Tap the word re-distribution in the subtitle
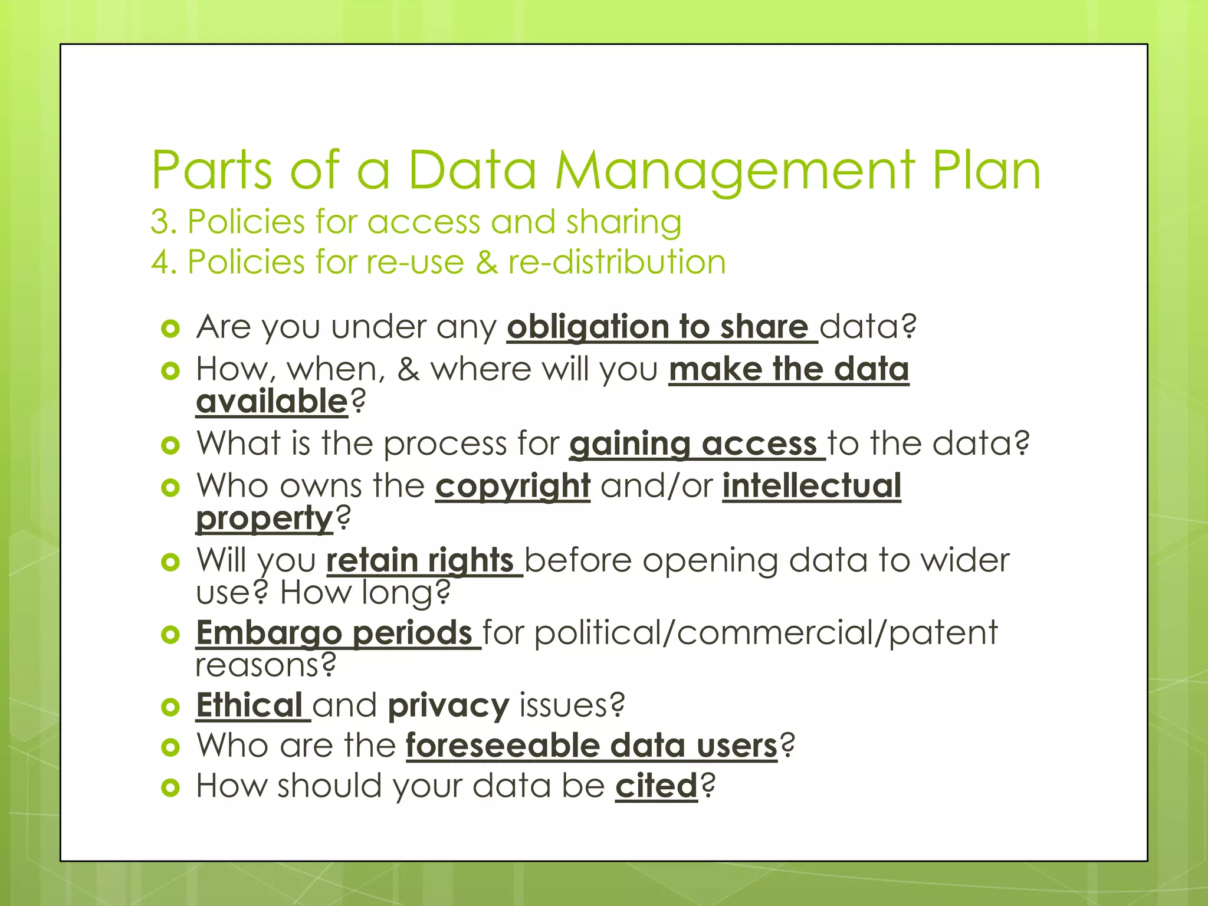(x=616, y=262)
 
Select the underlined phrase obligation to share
(x=661, y=327)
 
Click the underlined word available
(x=272, y=402)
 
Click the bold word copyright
(x=513, y=486)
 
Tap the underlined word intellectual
(x=812, y=486)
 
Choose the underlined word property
(x=265, y=518)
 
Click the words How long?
(x=365, y=593)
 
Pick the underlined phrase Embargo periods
(x=337, y=633)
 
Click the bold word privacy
(x=448, y=705)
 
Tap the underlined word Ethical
(x=251, y=705)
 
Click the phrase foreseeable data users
(x=592, y=746)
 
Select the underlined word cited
(x=656, y=786)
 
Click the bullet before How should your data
(x=170, y=787)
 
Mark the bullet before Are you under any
(x=170, y=329)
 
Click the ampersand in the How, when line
(x=408, y=369)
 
